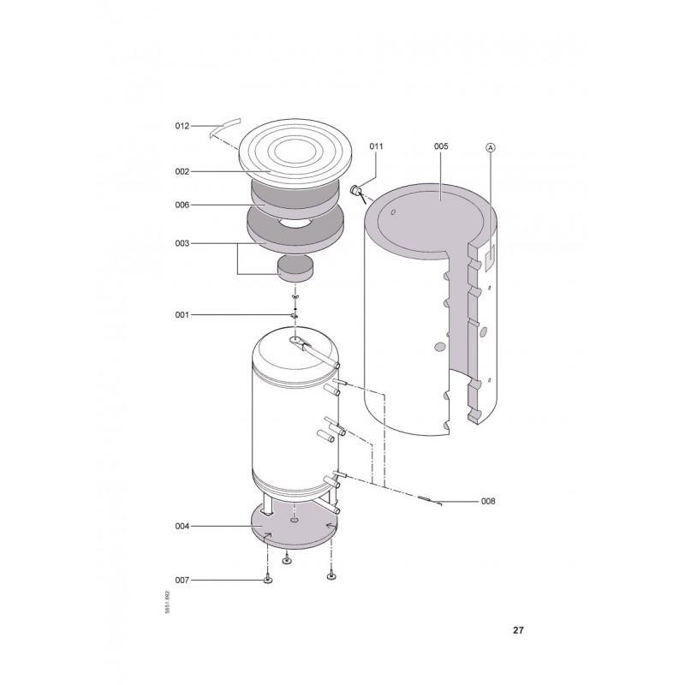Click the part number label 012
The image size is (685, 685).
tap(182, 126)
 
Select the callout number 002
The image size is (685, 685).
tap(182, 172)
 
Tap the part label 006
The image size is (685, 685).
tap(182, 205)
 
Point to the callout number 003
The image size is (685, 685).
tap(182, 243)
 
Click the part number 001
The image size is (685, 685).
tap(182, 315)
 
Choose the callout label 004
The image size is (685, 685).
tap(182, 527)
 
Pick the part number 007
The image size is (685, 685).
tap(182, 581)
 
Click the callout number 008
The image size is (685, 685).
tap(488, 502)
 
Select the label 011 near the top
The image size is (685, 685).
tap(376, 146)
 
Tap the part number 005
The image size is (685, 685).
tap(441, 146)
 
